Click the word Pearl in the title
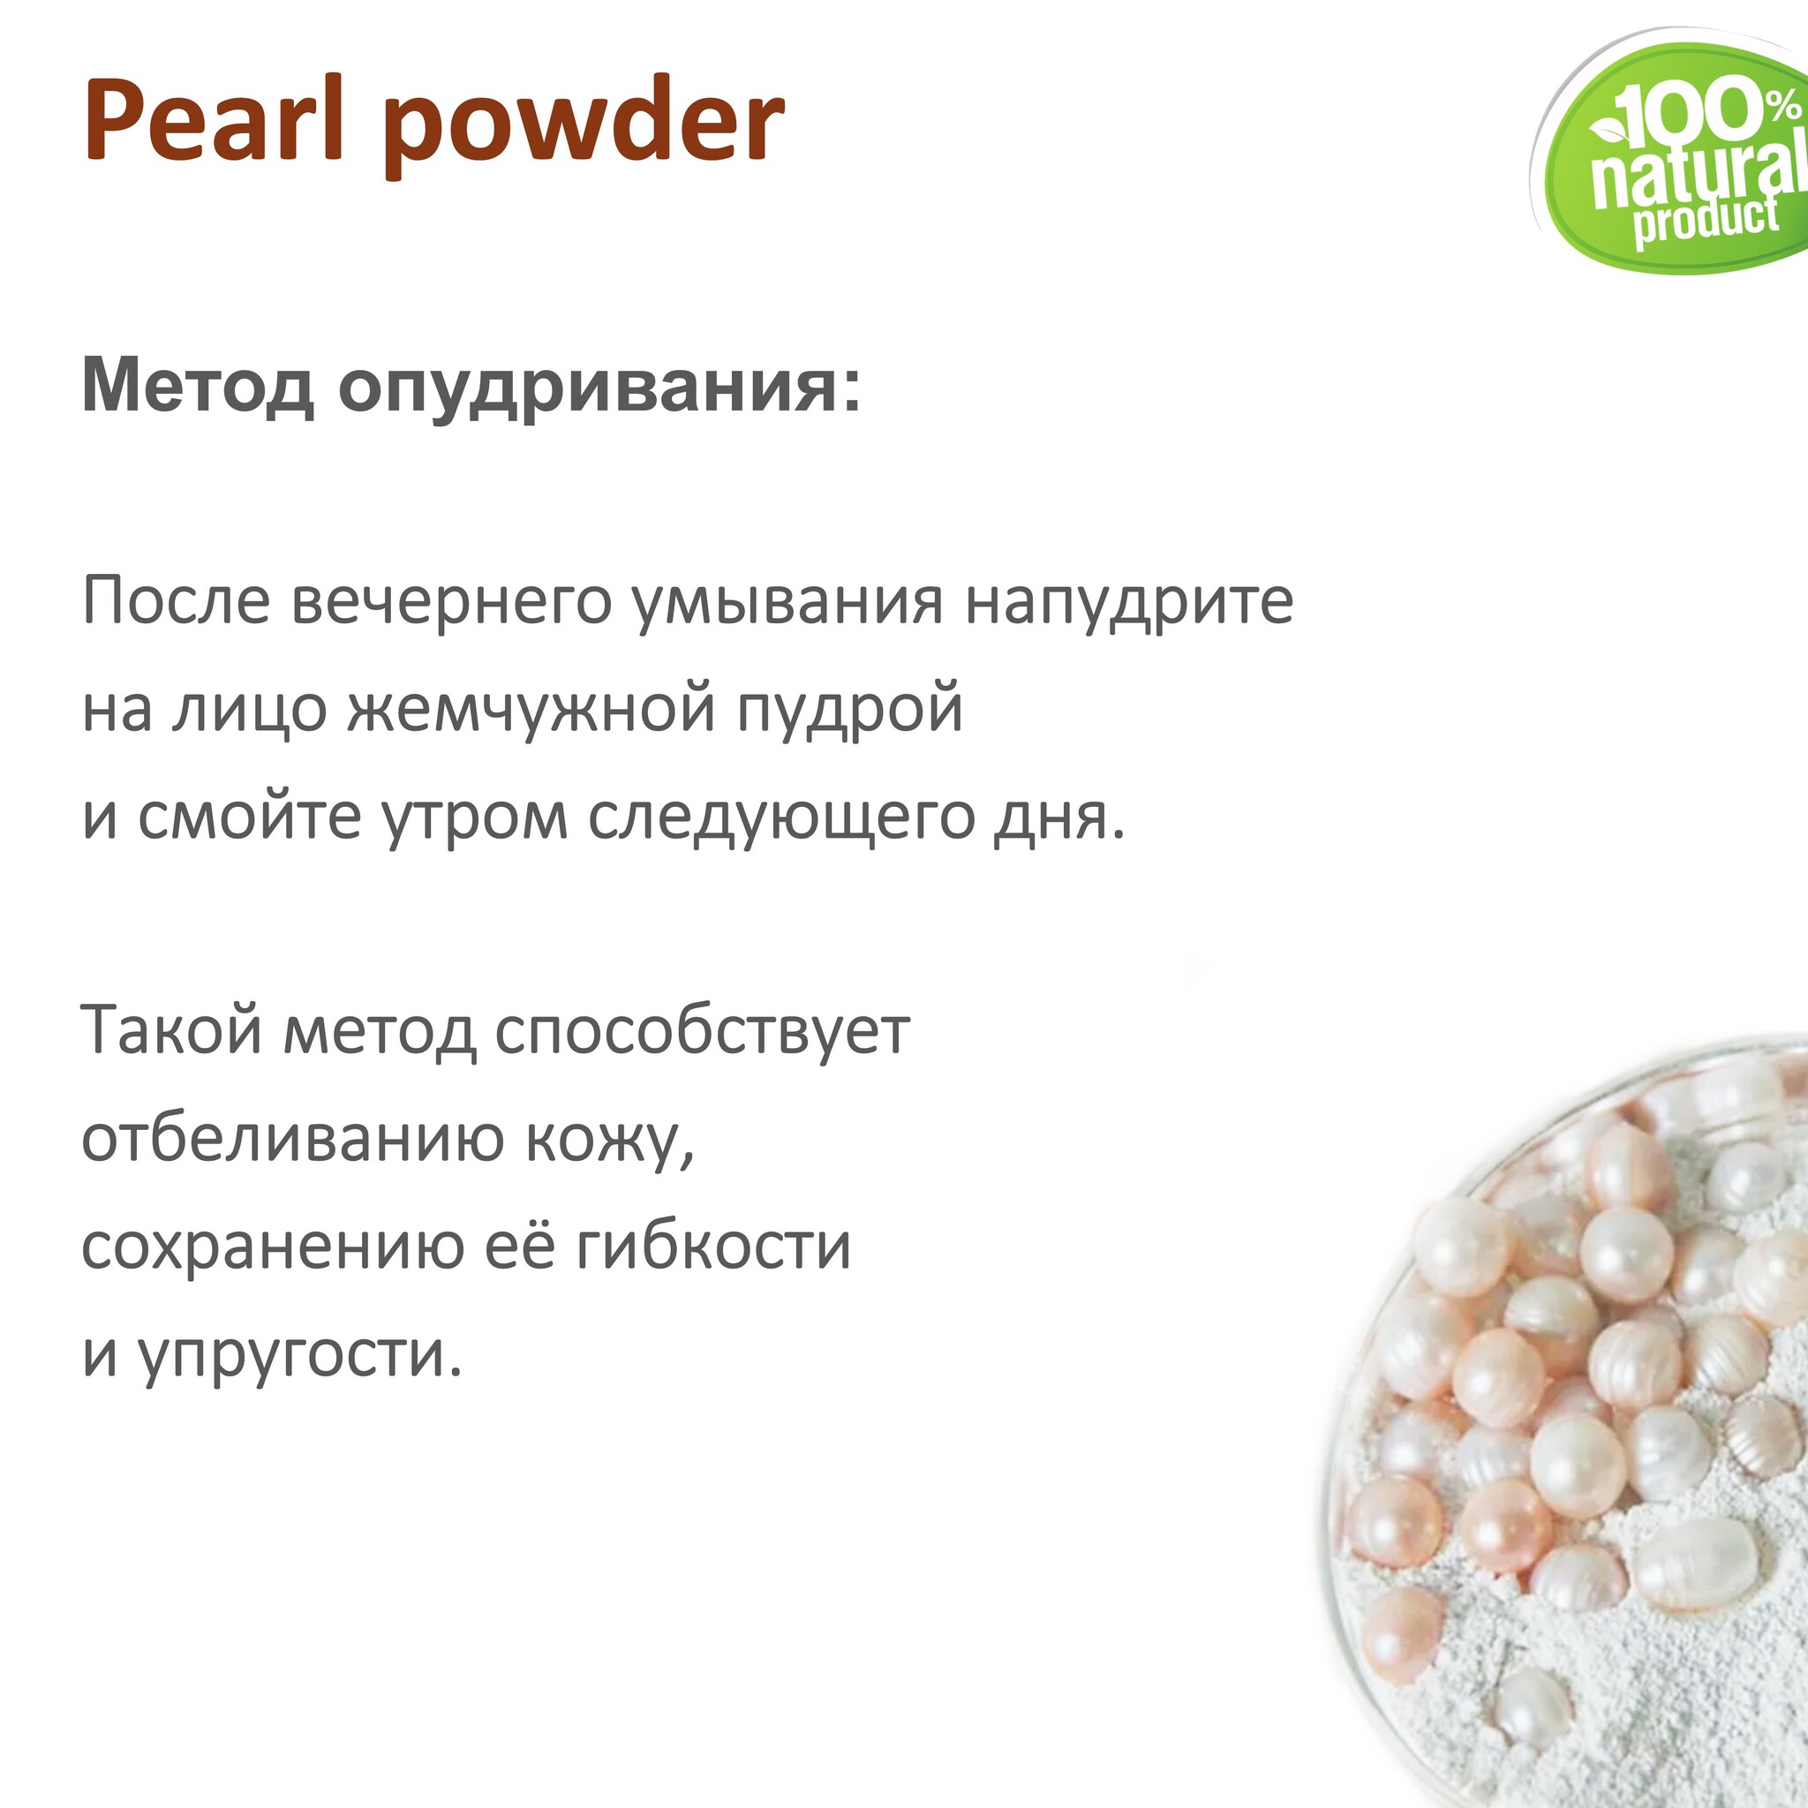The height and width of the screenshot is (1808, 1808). [215, 122]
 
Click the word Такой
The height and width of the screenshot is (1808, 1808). [172, 1030]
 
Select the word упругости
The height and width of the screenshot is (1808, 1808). [301, 1356]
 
